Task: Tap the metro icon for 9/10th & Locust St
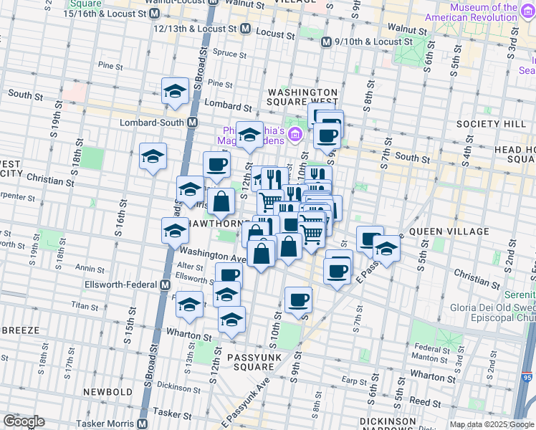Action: pyautogui.click(x=326, y=42)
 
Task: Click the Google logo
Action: pyautogui.click(x=24, y=421)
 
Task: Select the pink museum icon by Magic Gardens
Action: pyautogui.click(x=295, y=133)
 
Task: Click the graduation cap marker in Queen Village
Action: pyautogui.click(x=386, y=249)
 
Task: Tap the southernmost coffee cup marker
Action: pyautogui.click(x=298, y=300)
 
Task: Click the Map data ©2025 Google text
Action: pyautogui.click(x=490, y=424)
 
